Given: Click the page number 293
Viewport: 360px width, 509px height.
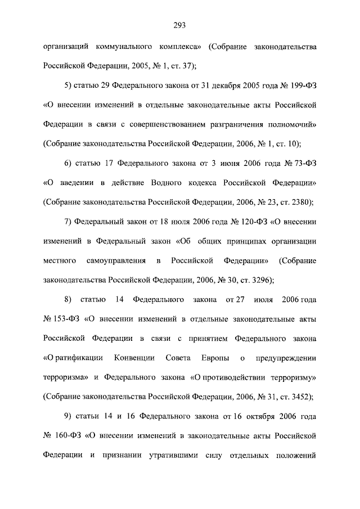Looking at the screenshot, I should tap(180, 24).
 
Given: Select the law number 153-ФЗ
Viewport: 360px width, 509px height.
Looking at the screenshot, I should tap(62, 319).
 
